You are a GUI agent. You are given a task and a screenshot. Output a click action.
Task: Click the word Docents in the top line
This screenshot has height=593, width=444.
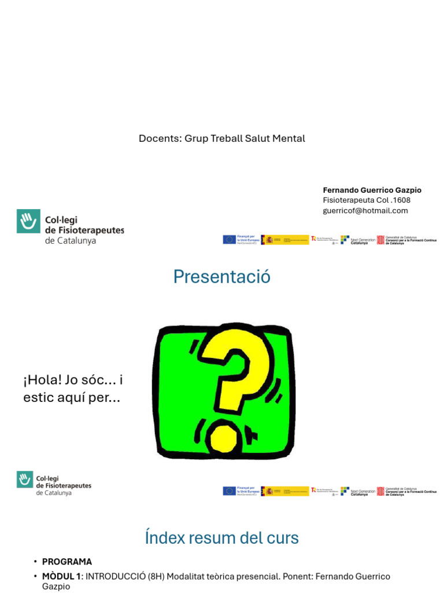(x=159, y=138)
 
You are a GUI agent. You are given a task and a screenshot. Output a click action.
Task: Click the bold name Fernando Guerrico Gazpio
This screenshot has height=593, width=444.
(x=372, y=190)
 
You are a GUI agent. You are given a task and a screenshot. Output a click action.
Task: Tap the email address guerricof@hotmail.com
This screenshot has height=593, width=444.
(x=365, y=211)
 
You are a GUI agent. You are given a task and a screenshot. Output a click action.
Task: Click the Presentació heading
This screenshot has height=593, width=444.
(x=222, y=277)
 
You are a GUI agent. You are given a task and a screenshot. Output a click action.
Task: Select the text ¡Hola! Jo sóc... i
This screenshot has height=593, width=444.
(x=73, y=380)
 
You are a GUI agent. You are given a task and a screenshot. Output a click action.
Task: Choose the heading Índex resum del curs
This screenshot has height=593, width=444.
(x=222, y=538)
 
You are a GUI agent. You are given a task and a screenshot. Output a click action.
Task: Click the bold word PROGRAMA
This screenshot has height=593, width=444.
(x=67, y=562)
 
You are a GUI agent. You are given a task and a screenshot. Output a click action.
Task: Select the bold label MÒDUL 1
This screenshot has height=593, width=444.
(x=62, y=577)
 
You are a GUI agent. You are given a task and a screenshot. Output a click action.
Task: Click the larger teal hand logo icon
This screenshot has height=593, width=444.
(x=28, y=221)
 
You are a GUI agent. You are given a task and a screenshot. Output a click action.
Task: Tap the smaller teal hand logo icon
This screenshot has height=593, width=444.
(x=24, y=479)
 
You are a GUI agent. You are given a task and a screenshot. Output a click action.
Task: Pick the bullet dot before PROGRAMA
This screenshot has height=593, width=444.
(x=35, y=562)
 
